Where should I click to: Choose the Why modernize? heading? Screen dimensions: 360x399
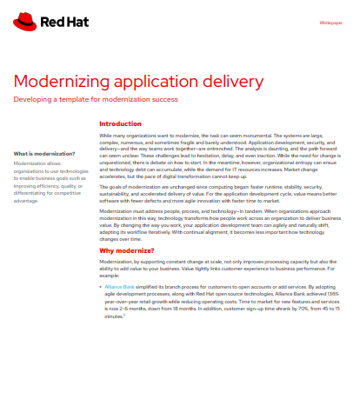point(127,250)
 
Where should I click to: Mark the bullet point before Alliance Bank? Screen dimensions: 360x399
point(101,284)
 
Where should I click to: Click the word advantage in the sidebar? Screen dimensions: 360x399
point(30,201)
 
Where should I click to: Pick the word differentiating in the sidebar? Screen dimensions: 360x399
point(33,193)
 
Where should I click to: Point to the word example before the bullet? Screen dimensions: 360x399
point(110,275)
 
